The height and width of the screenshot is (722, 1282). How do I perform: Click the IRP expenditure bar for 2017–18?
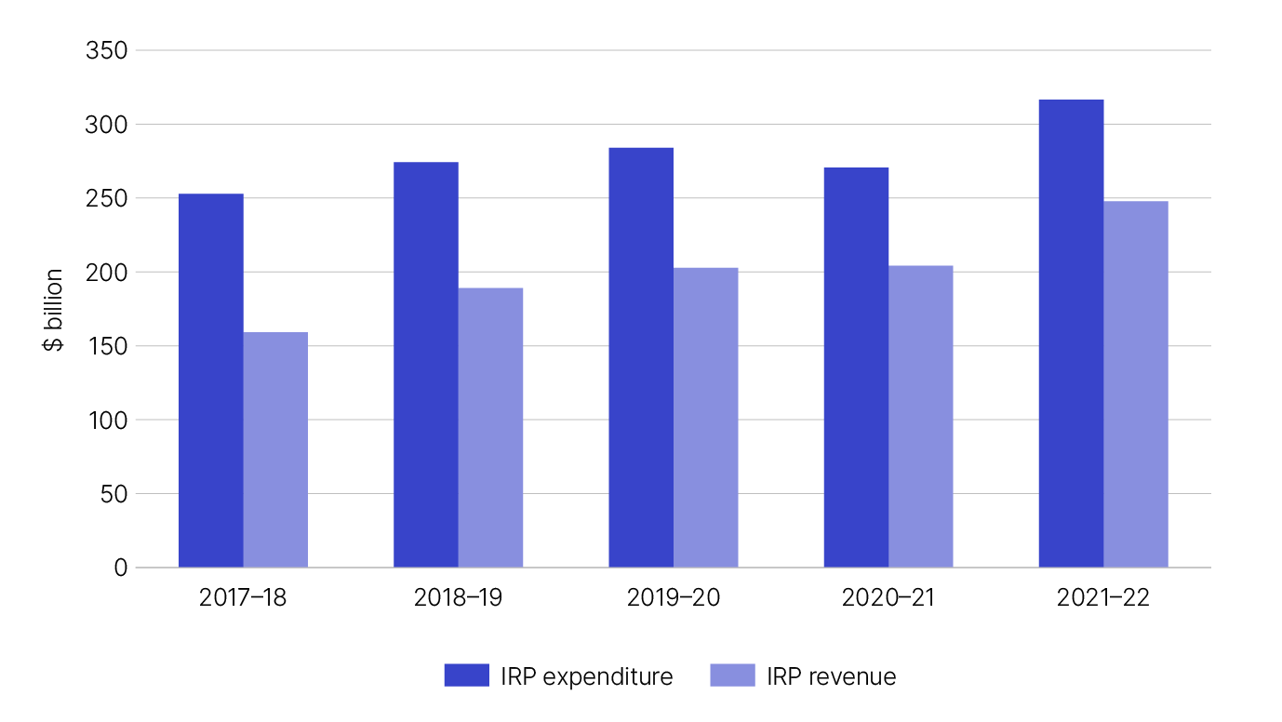pos(211,381)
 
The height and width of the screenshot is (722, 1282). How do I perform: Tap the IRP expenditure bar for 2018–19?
pos(426,365)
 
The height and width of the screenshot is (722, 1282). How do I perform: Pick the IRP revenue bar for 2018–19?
pos(490,427)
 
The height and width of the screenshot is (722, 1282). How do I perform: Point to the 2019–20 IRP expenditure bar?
pos(641,357)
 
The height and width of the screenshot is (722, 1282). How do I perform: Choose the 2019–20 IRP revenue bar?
pos(705,418)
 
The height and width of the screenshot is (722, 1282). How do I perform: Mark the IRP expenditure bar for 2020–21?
pos(856,368)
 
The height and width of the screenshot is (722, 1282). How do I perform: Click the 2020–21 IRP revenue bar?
pos(921,416)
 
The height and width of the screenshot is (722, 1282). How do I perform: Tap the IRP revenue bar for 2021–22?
pos(1136,384)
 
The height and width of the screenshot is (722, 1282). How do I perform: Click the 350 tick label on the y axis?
pos(106,51)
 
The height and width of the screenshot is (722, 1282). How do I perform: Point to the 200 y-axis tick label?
pos(106,273)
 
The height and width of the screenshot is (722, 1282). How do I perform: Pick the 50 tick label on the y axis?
pos(112,494)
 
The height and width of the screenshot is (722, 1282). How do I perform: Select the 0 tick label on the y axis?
pos(120,568)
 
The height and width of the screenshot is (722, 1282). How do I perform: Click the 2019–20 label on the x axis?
pos(674,597)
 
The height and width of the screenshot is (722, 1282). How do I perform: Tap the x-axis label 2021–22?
pos(1103,597)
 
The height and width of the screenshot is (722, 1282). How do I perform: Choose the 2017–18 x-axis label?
pos(243,597)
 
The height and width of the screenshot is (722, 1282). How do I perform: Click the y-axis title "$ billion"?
pos(55,310)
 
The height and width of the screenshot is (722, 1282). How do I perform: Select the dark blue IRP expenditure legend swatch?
pos(467,676)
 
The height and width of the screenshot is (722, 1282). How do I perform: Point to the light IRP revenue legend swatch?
pos(732,676)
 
